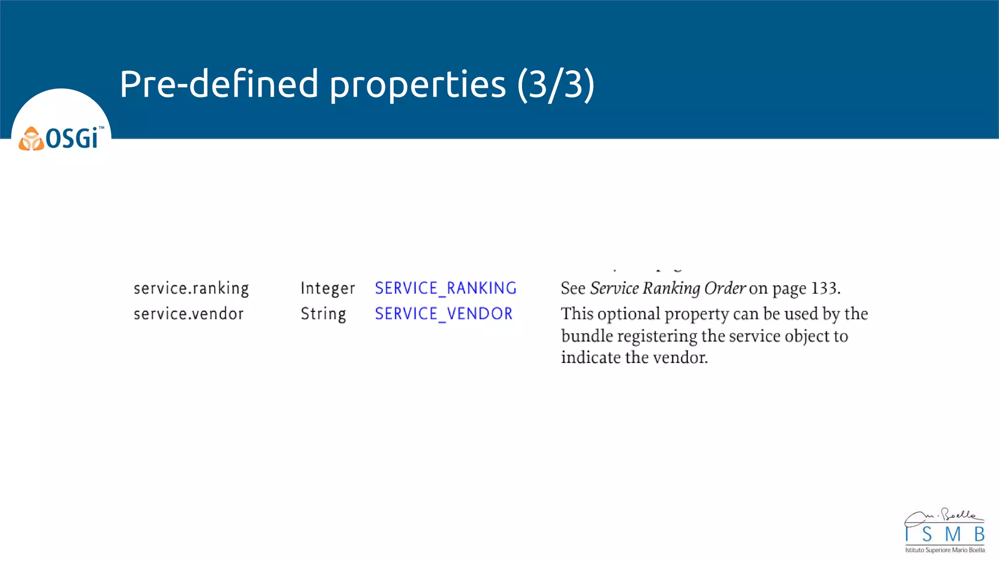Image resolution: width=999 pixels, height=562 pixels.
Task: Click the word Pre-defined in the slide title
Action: click(x=219, y=84)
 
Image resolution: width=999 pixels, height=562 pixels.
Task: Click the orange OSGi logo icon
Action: click(x=31, y=139)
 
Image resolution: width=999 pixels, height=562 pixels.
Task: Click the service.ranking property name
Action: click(x=191, y=288)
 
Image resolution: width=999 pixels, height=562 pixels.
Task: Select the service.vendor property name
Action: click(x=188, y=314)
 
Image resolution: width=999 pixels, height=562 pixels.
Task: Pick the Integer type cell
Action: click(x=327, y=288)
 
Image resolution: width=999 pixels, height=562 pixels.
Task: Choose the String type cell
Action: click(x=323, y=314)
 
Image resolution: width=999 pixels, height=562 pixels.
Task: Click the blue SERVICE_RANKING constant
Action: click(x=445, y=288)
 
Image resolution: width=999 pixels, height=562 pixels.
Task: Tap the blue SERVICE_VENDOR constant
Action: click(x=443, y=314)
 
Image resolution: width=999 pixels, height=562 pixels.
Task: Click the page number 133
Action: click(x=824, y=288)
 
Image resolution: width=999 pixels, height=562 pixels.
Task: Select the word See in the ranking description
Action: click(x=573, y=288)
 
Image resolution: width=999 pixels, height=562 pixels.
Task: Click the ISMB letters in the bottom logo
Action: click(x=945, y=535)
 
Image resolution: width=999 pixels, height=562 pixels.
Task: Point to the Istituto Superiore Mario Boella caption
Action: click(x=945, y=550)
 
